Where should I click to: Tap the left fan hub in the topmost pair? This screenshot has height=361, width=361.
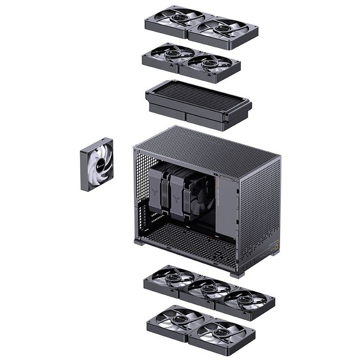(x=178, y=17)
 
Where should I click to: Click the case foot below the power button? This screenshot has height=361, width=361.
(x=274, y=253)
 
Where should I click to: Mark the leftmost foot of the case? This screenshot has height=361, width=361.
(x=139, y=242)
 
